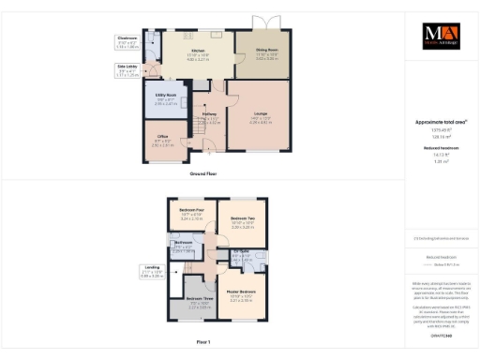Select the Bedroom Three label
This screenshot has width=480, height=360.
tap(198, 301)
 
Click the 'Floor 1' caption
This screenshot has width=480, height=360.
tap(202, 342)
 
